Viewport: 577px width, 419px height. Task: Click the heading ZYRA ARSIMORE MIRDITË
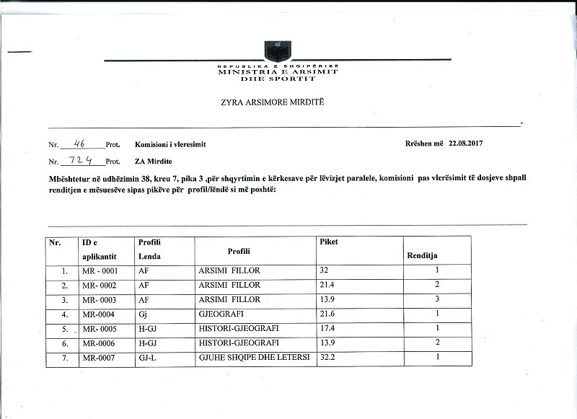273,103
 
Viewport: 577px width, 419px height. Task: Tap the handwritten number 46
80,143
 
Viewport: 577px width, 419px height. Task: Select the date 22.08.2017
465,144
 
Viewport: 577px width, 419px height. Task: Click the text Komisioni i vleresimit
170,144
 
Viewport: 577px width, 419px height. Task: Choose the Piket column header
328,242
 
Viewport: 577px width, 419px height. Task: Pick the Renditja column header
423,255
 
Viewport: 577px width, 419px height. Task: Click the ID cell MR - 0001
100,271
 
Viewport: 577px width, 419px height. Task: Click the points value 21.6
328,314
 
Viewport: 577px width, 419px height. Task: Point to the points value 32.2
328,356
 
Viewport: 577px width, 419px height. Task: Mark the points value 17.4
328,328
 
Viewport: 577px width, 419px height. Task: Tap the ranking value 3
437,299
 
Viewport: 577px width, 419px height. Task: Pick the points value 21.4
328,286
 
